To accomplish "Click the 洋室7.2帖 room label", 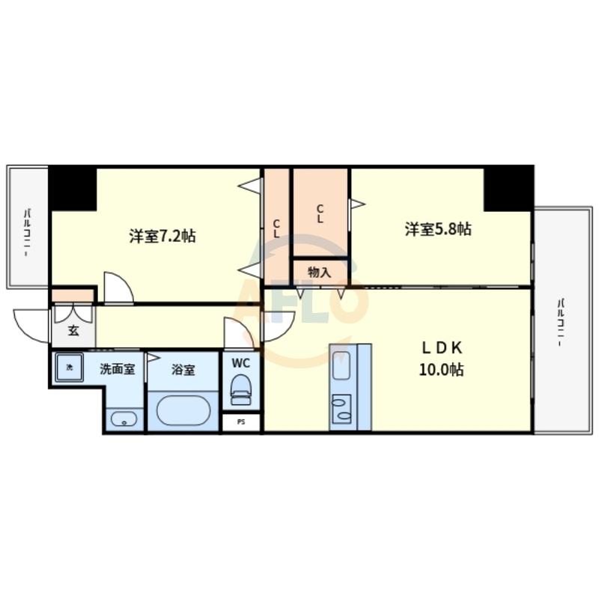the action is (x=162, y=236).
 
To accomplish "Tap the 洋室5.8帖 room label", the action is (x=438, y=229).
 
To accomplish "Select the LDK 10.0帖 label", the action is (x=442, y=359).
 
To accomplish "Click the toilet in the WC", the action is (x=240, y=389).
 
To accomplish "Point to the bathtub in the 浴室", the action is (x=183, y=410).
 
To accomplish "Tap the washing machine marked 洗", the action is (x=69, y=368).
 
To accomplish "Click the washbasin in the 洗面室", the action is (x=124, y=419).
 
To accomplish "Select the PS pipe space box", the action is (x=241, y=422).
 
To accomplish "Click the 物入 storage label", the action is (x=320, y=273).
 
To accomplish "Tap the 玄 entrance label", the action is (x=73, y=330).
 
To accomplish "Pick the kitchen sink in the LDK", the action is (x=341, y=365).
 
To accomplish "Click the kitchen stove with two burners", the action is (x=341, y=409).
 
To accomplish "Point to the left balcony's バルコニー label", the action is (x=27, y=232).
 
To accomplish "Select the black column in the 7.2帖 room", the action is (x=73, y=189).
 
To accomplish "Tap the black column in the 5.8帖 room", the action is (x=508, y=189).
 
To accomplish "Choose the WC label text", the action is (x=240, y=363).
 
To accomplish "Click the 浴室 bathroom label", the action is (x=183, y=369).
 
